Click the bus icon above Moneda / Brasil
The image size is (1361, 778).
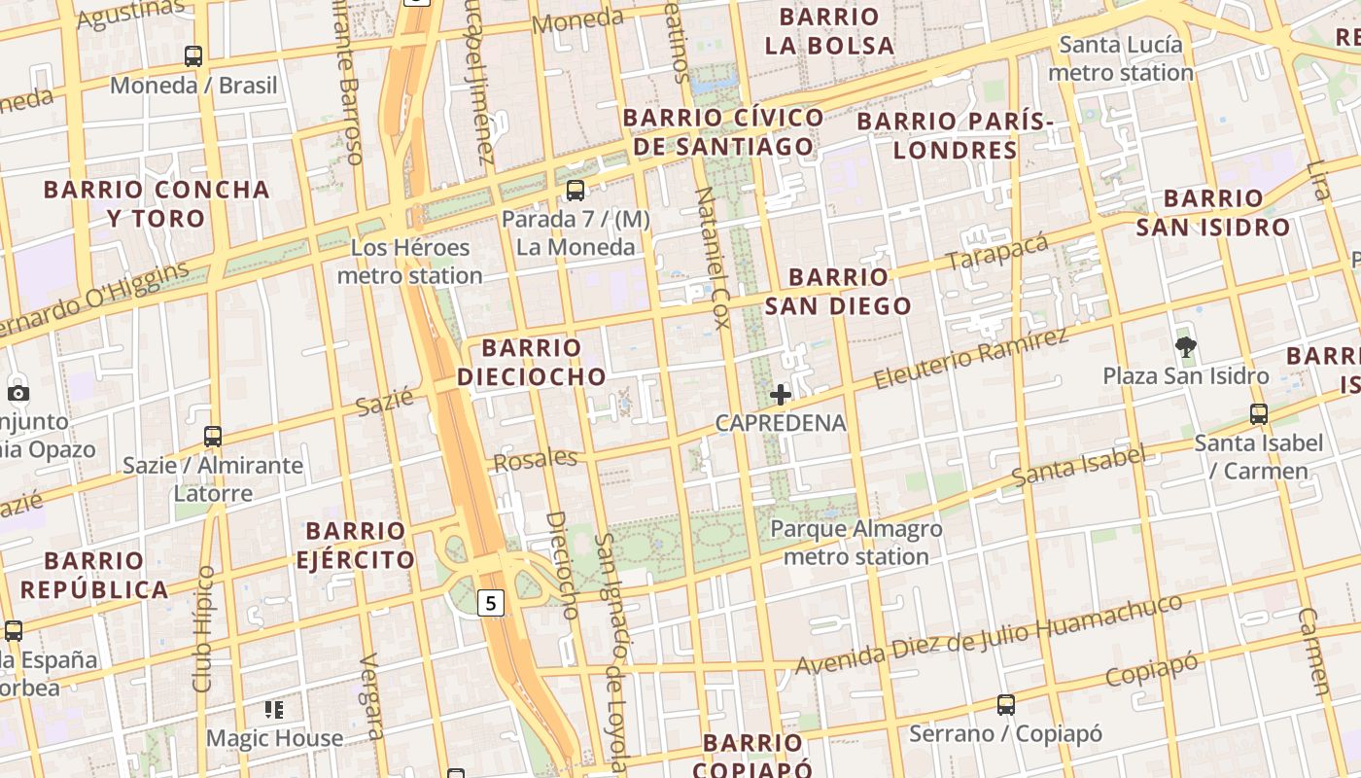[x=193, y=56]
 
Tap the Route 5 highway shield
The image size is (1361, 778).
[x=491, y=603]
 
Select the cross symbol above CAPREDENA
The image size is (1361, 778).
[x=781, y=395]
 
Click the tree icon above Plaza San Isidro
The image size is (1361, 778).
[x=1185, y=345]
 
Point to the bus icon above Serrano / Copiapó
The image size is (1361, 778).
[x=1006, y=704]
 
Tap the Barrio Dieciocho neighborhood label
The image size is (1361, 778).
[x=532, y=362]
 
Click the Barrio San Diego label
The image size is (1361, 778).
[x=838, y=292]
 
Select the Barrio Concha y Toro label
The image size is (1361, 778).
[x=157, y=203]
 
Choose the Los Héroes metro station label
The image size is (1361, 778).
[x=409, y=262]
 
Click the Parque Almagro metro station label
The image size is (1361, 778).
[x=855, y=543]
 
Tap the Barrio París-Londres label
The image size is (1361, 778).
[x=955, y=135]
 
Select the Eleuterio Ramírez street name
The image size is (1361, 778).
[x=969, y=358]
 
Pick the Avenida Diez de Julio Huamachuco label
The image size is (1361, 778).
[x=989, y=635]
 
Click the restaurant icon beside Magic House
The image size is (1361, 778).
[x=274, y=710]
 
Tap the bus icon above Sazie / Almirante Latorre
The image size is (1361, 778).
[x=213, y=436]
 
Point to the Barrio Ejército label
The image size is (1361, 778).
[x=355, y=546]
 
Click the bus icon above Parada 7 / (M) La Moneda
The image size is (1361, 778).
[x=576, y=191]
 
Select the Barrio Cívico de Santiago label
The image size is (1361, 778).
[x=723, y=132]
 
